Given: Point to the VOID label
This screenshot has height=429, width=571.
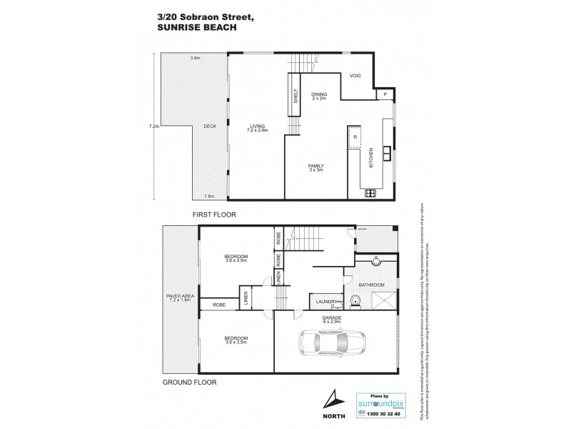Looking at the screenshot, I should [x=355, y=76].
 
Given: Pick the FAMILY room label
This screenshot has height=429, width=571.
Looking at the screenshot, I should [x=315, y=165].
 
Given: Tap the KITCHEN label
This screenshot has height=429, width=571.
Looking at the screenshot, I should [x=371, y=159].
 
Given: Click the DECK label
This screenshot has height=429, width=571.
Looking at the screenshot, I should [x=210, y=127].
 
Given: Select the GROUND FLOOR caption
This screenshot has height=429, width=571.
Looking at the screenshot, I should [x=189, y=382].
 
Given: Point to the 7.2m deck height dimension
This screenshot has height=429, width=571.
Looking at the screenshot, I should [x=152, y=127].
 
